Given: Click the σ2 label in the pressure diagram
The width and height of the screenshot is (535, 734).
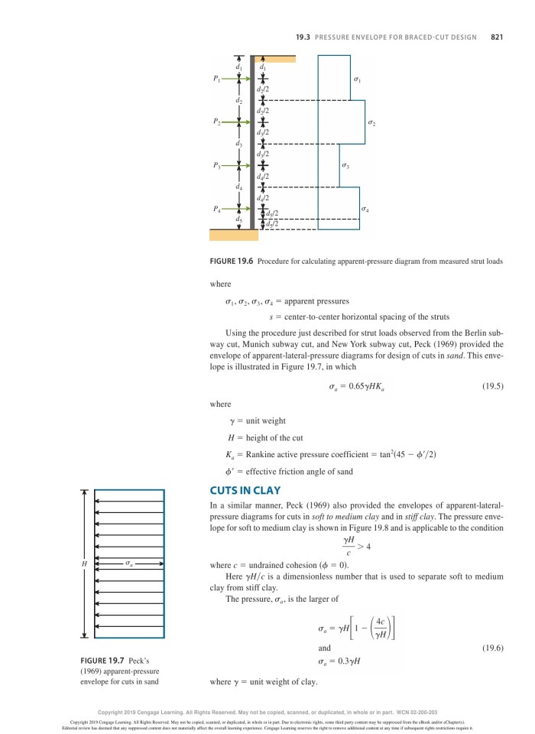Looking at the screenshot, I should [x=372, y=122].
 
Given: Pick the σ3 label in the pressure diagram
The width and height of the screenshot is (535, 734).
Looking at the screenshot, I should [x=346, y=164].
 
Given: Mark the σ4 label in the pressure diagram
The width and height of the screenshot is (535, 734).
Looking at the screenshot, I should [x=365, y=207].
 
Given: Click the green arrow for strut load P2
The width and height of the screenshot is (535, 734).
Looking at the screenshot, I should [x=230, y=121].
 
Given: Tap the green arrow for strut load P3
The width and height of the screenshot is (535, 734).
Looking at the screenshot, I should [x=230, y=164].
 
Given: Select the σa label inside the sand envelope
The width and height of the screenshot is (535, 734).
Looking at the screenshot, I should [x=130, y=564].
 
